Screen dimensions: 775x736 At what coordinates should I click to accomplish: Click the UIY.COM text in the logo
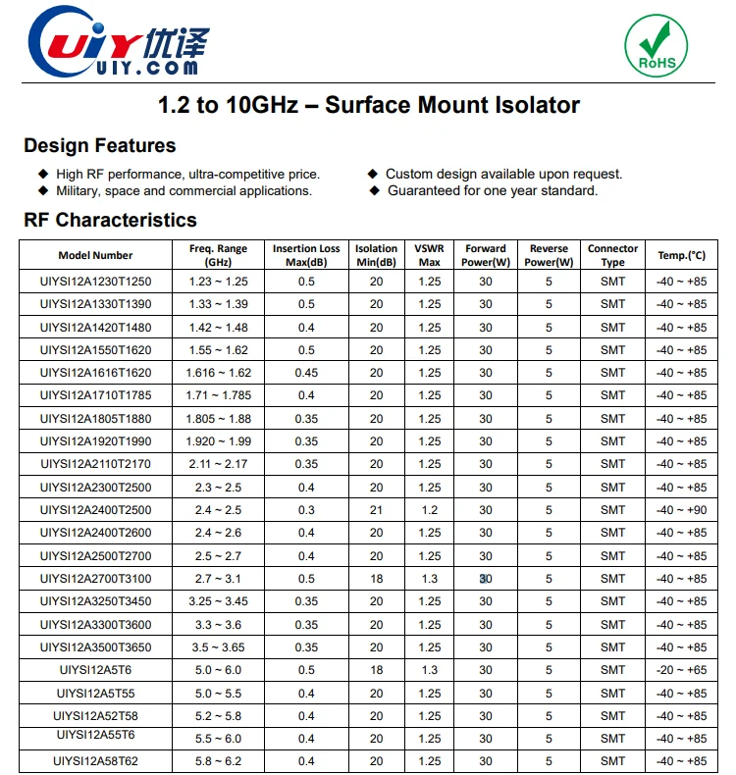147,68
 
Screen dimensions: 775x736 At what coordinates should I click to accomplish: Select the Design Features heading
100,146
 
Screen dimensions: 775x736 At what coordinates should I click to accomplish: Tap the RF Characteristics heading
110,220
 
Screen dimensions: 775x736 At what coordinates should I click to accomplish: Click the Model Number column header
95,256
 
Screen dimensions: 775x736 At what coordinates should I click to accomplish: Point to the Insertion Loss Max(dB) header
306,256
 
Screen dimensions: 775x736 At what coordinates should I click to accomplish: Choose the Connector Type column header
612,256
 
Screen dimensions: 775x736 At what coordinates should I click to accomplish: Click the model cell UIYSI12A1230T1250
95,282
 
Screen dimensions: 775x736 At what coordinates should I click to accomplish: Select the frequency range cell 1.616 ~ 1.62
218,373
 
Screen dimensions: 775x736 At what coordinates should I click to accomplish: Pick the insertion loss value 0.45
306,373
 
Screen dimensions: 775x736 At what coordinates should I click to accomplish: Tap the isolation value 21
376,510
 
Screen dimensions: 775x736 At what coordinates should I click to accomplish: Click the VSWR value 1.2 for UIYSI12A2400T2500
430,510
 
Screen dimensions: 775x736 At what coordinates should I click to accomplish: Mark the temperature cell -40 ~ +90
681,510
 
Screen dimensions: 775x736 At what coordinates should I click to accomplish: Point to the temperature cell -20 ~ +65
681,670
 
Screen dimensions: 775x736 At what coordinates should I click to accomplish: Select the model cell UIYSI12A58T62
95,761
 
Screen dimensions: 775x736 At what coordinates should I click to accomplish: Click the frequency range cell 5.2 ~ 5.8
218,716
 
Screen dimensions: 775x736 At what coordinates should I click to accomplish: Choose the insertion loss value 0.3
306,510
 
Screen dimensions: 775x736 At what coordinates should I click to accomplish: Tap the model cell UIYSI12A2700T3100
95,579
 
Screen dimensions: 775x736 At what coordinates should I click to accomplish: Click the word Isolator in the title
536,105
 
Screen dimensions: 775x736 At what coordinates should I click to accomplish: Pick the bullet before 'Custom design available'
373,174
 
